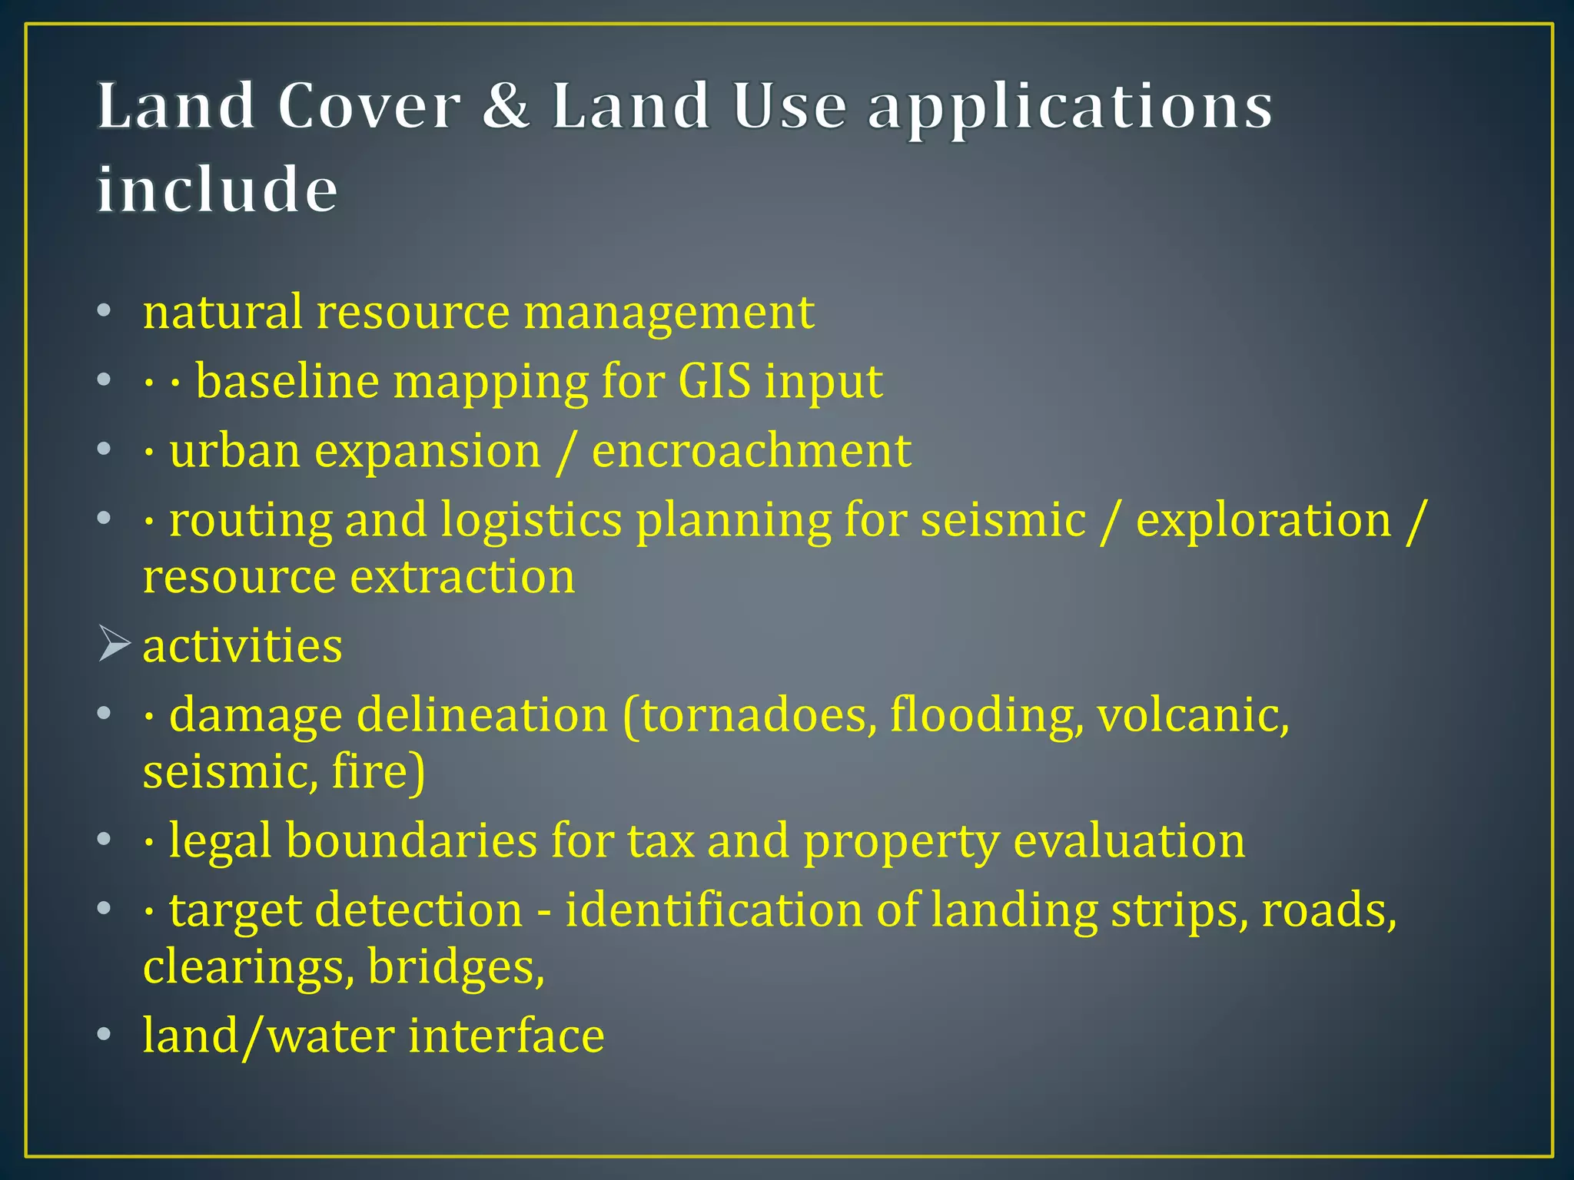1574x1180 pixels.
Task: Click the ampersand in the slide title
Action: tap(506, 105)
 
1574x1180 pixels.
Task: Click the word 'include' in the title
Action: tap(218, 188)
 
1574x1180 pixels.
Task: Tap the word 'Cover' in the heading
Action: tap(369, 105)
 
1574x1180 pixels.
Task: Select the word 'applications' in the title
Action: tap(1070, 108)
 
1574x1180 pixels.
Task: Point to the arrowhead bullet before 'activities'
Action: tap(113, 644)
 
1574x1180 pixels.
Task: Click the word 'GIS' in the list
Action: tap(714, 381)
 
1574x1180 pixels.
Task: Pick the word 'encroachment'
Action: tap(751, 450)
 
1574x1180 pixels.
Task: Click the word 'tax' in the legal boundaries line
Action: tap(660, 840)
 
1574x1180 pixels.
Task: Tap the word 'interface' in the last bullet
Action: tap(506, 1036)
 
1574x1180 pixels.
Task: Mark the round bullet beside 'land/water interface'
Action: tap(105, 1035)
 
